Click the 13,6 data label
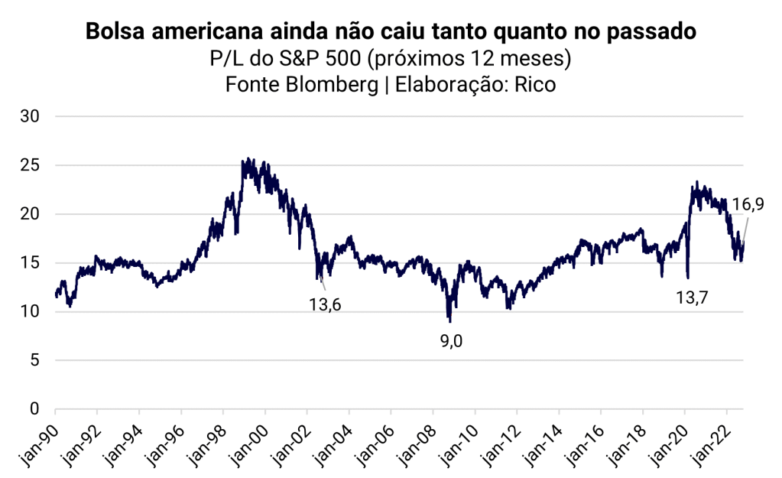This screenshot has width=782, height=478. point(325,305)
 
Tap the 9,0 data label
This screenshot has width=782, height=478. point(451,341)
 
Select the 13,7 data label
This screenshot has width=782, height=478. point(691,298)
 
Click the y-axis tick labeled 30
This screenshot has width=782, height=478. point(31,116)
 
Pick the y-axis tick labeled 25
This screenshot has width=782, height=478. point(31,165)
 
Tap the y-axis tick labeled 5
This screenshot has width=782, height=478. point(36,360)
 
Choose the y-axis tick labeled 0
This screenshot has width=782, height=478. point(36,409)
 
